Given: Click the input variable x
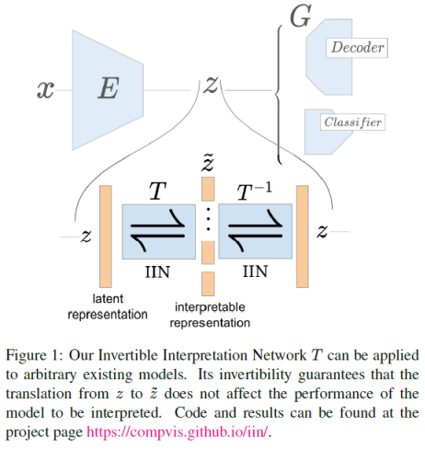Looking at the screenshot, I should [x=44, y=89].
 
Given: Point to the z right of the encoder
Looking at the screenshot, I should [x=212, y=86].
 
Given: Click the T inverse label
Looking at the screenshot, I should [x=255, y=191].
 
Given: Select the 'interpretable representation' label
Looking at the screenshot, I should [x=209, y=315].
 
